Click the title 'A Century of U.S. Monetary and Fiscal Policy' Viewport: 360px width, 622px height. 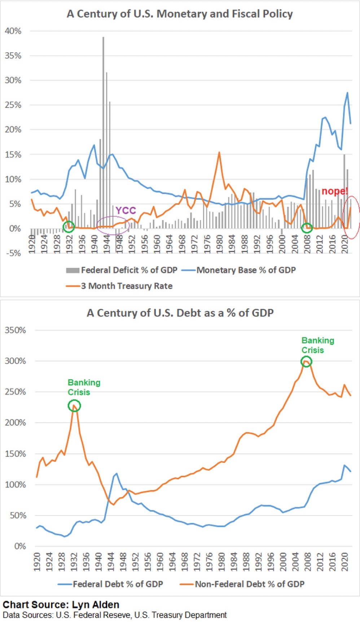pos(180,14)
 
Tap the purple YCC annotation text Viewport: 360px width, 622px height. pos(126,210)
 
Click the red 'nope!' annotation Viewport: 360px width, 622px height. pos(335,191)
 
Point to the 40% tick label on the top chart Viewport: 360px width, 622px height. pos(13,31)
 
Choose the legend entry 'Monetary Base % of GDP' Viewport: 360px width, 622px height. pos(246,270)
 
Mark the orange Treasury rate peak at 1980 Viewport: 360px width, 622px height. pos(219,153)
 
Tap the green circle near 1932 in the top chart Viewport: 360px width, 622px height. pos(69,227)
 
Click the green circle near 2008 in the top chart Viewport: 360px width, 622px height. pos(307,227)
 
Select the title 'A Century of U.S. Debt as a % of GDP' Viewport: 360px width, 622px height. pos(180,313)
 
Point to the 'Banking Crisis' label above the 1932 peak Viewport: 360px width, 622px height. pos(84,387)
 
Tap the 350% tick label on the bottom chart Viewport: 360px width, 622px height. pos(15,330)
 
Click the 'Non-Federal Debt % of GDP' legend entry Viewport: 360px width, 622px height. pos(250,584)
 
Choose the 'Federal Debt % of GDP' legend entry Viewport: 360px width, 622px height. pos(118,584)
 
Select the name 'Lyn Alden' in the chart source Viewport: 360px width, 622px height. pos(96,605)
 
